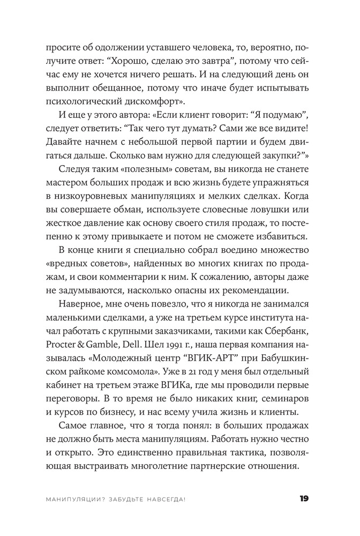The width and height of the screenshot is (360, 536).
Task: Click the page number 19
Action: click(x=304, y=498)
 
